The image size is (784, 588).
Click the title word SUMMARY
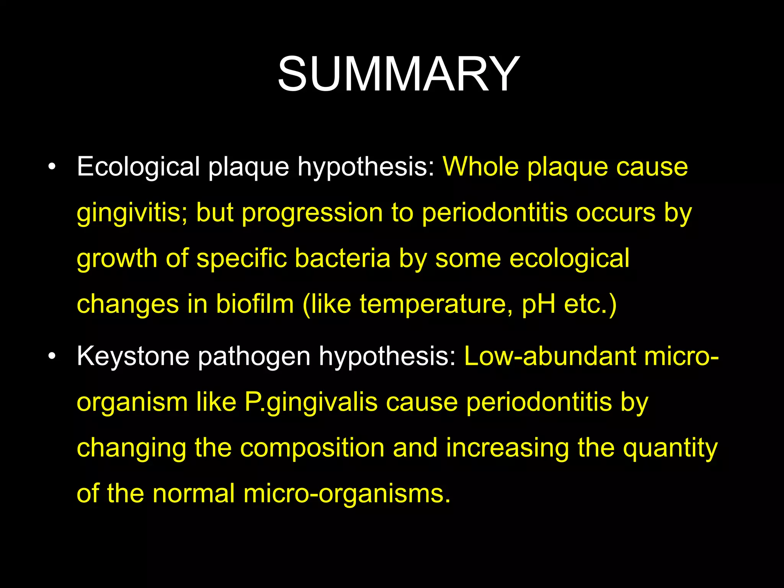[x=398, y=73]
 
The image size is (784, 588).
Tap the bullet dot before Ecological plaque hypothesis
[x=52, y=167]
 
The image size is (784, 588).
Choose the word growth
[x=117, y=258]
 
